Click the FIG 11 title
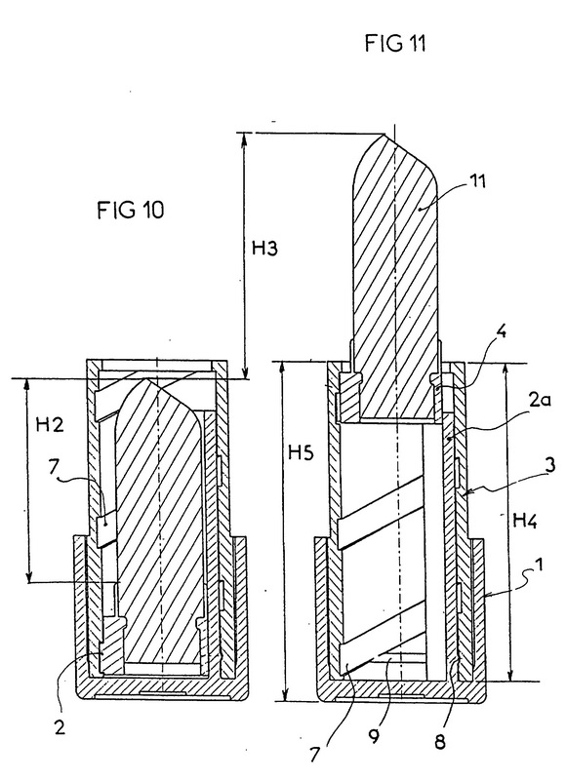point(395,43)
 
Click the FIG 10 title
point(130,210)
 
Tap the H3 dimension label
point(263,248)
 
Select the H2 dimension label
point(50,424)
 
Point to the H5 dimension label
point(301,452)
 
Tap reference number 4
point(502,331)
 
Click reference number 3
point(549,465)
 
